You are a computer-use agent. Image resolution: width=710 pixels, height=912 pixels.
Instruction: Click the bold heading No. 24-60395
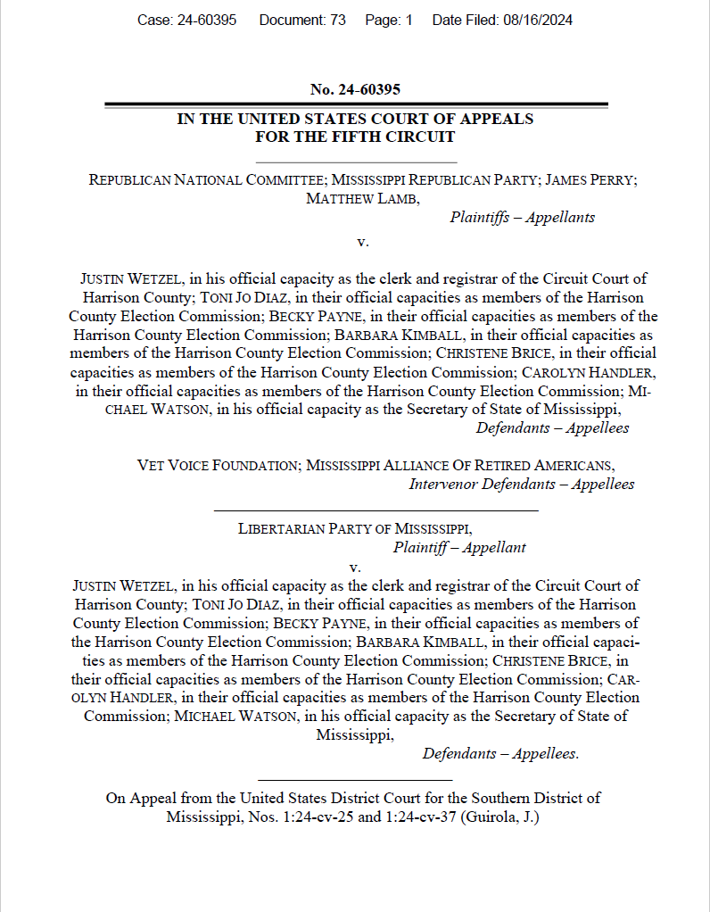pos(355,89)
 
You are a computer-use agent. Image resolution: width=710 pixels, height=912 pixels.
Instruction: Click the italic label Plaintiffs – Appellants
pos(522,217)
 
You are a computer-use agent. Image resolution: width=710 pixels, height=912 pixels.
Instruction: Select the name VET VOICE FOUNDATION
pos(218,465)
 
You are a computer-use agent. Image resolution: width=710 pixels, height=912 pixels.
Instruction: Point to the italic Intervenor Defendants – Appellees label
pos(522,484)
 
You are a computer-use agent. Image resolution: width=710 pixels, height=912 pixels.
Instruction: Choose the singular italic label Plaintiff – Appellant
pos(459,547)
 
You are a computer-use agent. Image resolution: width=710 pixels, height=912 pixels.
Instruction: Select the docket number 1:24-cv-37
pos(419,817)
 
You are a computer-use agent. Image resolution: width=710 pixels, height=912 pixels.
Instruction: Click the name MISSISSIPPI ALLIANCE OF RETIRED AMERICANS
pos(459,465)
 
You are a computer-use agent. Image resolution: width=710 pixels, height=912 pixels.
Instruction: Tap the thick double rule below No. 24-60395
pos(355,105)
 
